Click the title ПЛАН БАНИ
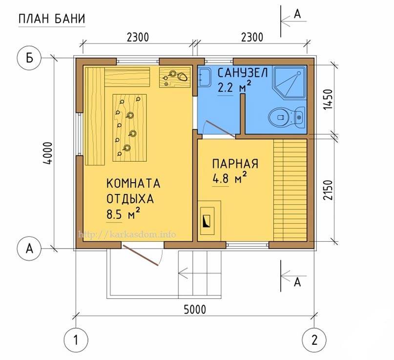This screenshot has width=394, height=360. point(52,19)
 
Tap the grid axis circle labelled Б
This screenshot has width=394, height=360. point(29,58)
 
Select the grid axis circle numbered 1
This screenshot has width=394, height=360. point(76,340)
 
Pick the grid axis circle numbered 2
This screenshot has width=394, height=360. point(314,340)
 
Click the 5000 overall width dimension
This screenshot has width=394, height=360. point(195,309)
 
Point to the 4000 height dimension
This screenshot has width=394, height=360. point(48,153)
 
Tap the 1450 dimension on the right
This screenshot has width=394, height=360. point(328,99)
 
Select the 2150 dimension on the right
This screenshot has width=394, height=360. point(328,190)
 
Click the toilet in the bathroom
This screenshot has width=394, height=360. point(287,117)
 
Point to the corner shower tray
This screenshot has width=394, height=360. point(289,82)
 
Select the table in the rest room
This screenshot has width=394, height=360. point(130,127)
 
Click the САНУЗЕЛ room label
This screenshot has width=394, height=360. point(243,73)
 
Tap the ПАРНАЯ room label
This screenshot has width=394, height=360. point(235,164)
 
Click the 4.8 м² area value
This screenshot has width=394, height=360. point(229,178)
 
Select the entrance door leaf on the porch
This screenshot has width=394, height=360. point(141,255)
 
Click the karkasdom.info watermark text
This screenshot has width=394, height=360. point(127,234)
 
